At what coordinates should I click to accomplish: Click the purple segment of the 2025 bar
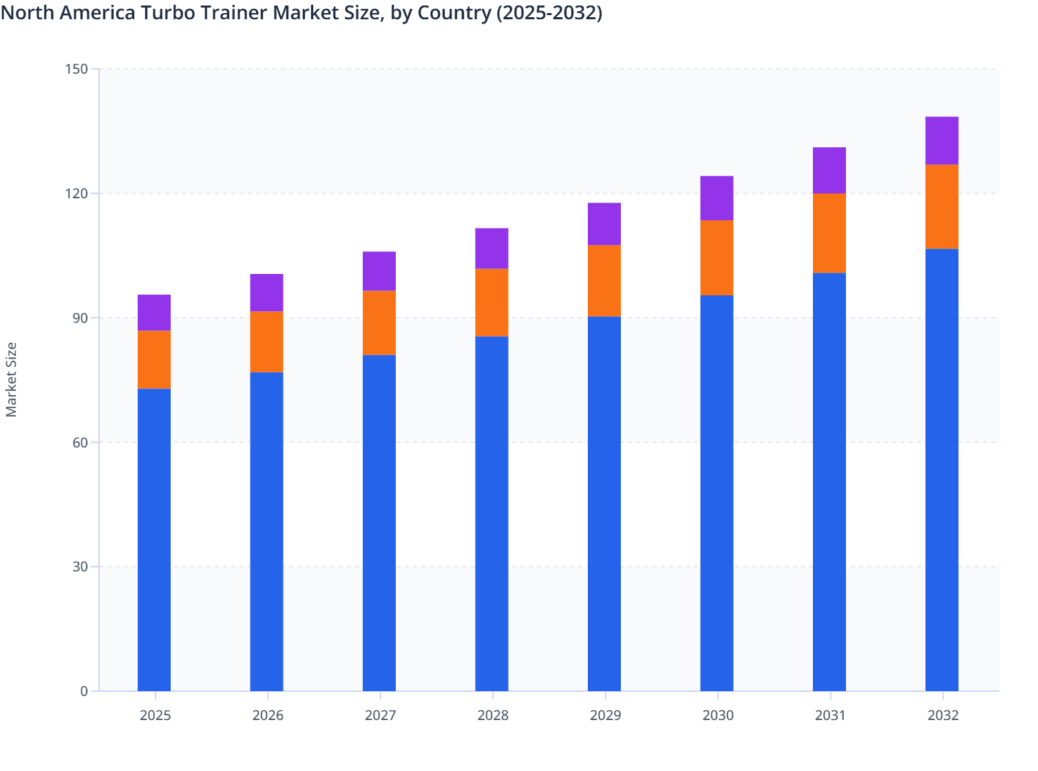(154, 313)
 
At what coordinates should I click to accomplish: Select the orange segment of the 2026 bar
(266, 341)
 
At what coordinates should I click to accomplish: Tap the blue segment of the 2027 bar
(379, 522)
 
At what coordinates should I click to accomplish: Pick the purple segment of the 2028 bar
(491, 248)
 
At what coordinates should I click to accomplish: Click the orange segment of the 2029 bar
(604, 280)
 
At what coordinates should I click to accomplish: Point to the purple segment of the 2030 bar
(717, 198)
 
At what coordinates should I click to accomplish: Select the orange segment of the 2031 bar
(829, 233)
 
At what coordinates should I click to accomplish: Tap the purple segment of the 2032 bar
(942, 140)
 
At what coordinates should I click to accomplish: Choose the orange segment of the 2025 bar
(154, 359)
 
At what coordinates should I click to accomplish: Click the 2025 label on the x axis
(155, 715)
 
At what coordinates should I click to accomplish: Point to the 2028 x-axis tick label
(493, 715)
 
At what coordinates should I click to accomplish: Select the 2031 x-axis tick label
(830, 715)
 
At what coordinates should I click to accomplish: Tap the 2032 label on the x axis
(943, 715)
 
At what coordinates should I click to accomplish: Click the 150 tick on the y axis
(77, 69)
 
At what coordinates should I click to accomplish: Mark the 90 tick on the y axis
(80, 318)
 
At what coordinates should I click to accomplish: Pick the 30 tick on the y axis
(80, 567)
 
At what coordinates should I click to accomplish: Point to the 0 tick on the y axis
(84, 691)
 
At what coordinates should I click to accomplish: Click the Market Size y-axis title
(12, 379)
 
